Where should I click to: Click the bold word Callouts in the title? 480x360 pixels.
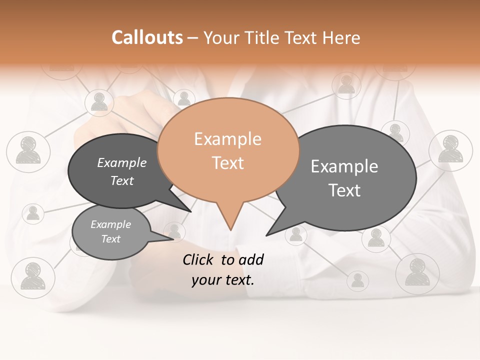point(147,37)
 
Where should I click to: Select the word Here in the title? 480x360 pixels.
point(341,37)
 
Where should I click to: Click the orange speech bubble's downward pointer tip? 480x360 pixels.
point(230,229)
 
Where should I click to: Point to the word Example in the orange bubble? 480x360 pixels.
point(227,139)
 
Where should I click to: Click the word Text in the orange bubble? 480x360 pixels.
point(227,163)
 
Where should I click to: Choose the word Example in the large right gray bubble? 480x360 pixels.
point(344,166)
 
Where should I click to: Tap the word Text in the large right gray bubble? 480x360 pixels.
point(344,190)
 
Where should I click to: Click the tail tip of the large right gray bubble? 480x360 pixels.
point(267,234)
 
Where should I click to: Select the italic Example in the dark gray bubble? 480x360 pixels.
point(122,162)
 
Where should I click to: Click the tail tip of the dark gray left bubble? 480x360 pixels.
point(190,211)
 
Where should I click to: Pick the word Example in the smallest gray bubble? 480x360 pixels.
point(110,224)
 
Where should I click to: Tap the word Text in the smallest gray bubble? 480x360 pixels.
point(110,239)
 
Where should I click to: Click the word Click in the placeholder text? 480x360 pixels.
point(199,259)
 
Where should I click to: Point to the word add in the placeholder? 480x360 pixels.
point(251,259)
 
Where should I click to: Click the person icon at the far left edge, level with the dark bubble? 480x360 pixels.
point(28,150)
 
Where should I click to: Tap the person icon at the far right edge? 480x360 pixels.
point(451,149)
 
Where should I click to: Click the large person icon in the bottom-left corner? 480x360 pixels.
point(33,275)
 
